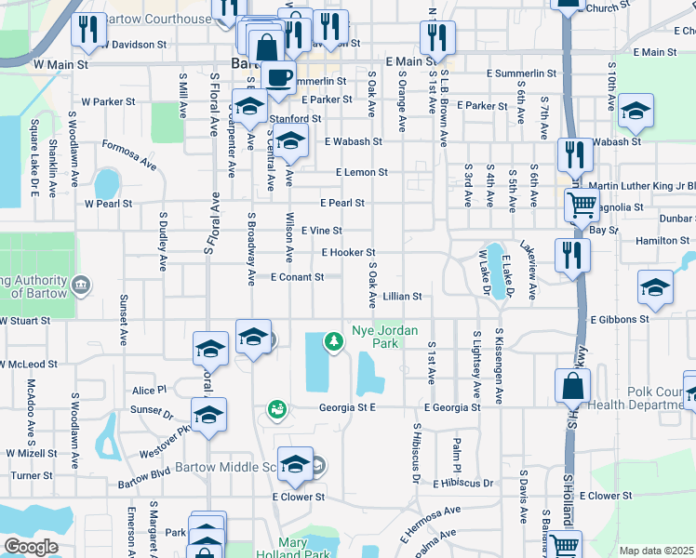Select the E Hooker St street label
348,253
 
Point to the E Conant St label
297,277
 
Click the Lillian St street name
403,297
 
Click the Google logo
31,547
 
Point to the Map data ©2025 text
655,551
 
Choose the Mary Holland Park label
305,549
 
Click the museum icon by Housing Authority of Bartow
80,284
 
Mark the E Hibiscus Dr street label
462,484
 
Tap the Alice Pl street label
149,391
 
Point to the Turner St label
32,475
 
